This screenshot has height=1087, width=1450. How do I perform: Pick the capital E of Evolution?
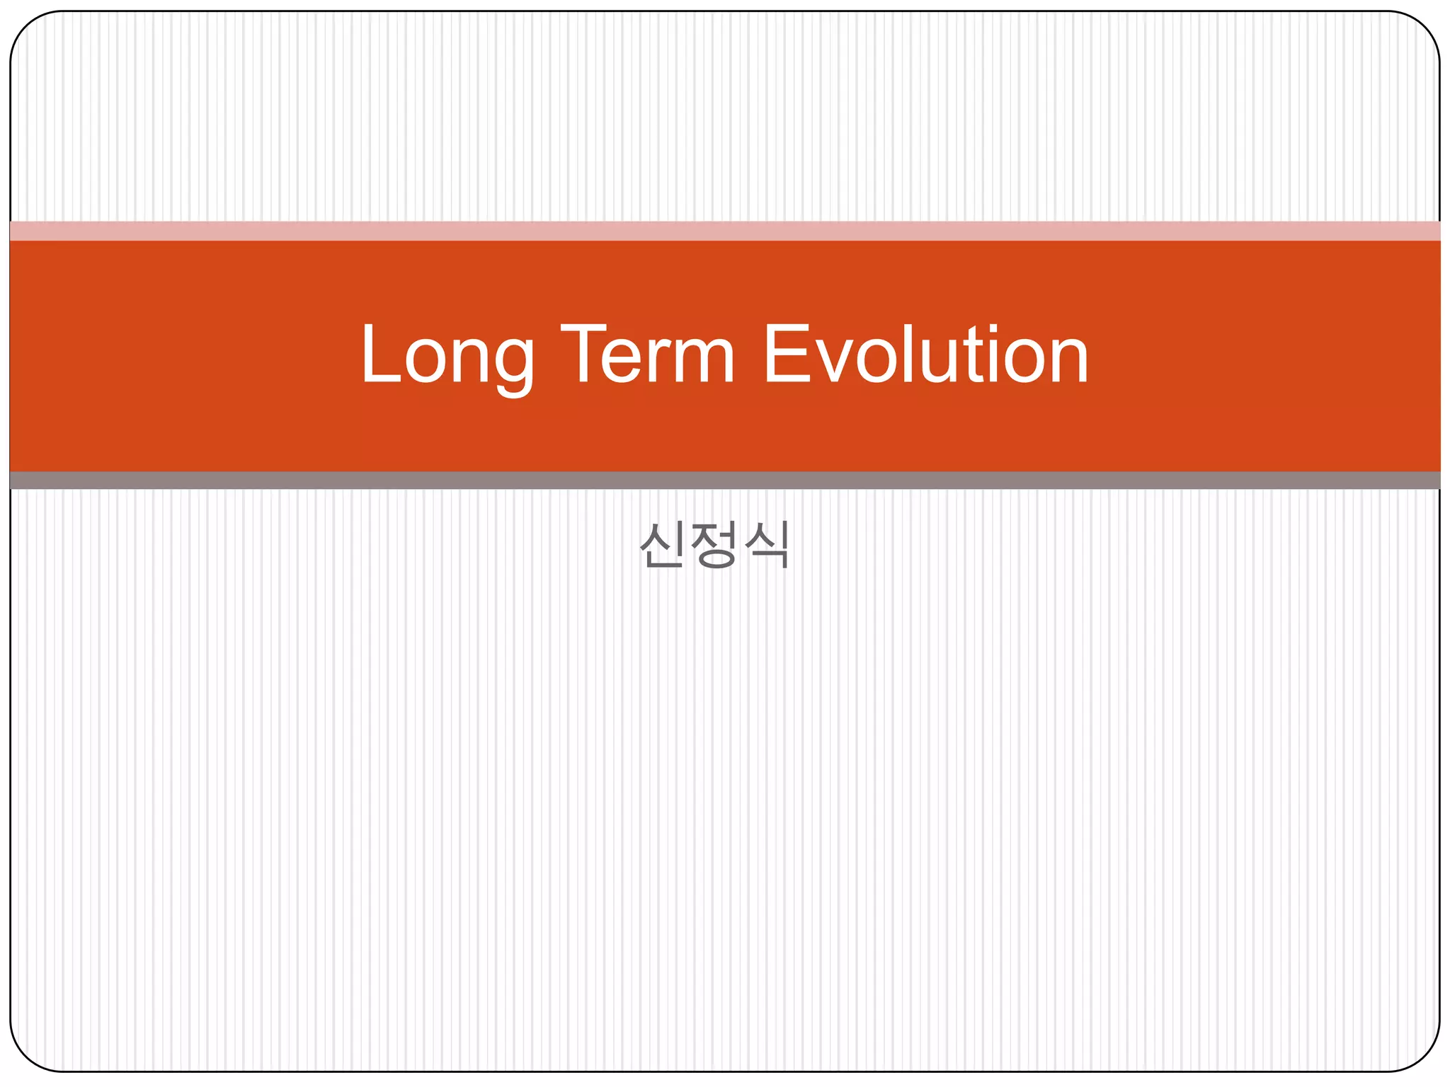(x=785, y=354)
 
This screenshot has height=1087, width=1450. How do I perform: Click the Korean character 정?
(x=714, y=544)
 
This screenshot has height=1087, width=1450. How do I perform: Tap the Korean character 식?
(x=767, y=544)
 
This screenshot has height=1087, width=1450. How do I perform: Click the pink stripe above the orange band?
(x=725, y=231)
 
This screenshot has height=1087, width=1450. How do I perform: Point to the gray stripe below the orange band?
(x=725, y=481)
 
